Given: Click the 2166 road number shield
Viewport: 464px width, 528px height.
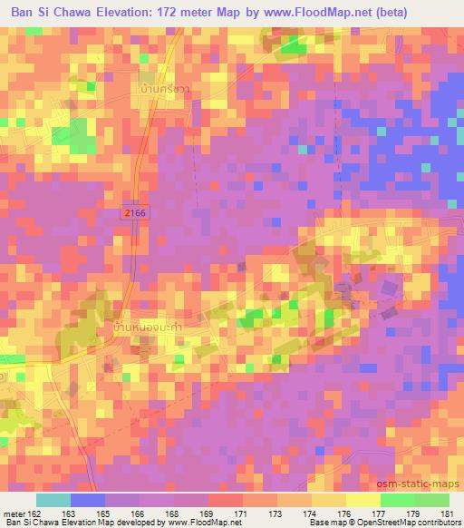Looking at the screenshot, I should pyautogui.click(x=134, y=211).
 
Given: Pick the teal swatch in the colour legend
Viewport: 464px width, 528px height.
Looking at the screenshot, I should pyautogui.click(x=53, y=500).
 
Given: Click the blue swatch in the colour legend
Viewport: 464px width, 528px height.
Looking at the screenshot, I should pyautogui.click(x=86, y=500).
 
